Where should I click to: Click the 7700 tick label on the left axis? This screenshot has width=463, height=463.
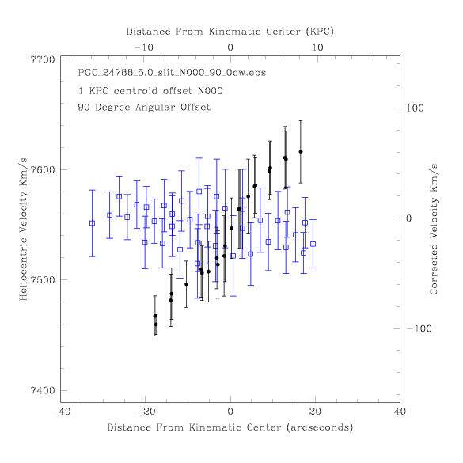(43, 59)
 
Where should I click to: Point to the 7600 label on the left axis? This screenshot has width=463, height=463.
(43, 170)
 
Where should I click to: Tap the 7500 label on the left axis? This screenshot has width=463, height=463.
(43, 280)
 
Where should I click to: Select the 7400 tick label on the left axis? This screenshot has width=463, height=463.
(43, 390)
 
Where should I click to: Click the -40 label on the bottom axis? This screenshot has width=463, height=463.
(61, 412)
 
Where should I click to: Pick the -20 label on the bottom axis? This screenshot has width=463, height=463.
(146, 412)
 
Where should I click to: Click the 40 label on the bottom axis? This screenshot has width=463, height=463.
(400, 412)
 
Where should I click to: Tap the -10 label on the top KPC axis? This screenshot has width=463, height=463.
(144, 47)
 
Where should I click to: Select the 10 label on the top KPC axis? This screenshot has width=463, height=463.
(317, 47)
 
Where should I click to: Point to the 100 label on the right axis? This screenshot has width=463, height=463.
(415, 108)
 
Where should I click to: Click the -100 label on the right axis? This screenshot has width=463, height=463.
(419, 328)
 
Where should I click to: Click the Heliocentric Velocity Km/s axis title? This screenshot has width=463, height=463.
(23, 230)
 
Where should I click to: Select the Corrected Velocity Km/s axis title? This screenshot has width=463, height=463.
(434, 230)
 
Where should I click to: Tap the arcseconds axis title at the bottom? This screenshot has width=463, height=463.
(230, 427)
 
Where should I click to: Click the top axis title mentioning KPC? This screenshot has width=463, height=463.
(230, 32)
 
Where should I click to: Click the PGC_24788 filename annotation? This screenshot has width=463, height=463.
(172, 73)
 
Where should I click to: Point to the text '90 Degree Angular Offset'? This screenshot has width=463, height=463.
(144, 107)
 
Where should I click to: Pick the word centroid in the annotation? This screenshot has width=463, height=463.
(135, 91)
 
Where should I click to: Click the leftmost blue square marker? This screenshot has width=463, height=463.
(92, 223)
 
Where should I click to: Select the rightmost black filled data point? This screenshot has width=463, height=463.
(301, 152)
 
